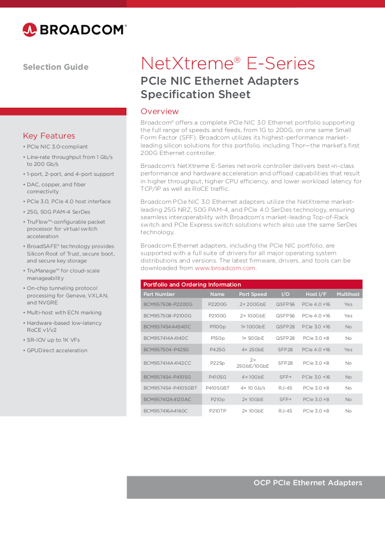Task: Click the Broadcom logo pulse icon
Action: [29, 30]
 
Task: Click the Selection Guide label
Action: [56, 67]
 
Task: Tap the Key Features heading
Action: [49, 136]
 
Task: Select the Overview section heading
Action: [159, 111]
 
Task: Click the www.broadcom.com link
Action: [225, 268]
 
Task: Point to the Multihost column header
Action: [348, 294]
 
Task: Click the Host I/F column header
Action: [316, 294]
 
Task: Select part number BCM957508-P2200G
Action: [168, 305]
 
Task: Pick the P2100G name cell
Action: [217, 316]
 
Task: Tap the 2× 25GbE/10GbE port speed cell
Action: [252, 363]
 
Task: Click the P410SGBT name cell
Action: [217, 388]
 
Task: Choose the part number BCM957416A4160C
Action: [166, 411]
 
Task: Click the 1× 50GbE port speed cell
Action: [253, 338]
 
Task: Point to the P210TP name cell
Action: [217, 411]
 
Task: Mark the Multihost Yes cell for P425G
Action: [348, 350]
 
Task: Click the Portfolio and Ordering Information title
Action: [192, 285]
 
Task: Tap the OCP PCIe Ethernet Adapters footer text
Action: [308, 483]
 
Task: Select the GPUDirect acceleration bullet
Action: [57, 350]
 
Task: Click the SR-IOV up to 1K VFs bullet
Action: [53, 340]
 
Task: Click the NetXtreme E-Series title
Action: [228, 64]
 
